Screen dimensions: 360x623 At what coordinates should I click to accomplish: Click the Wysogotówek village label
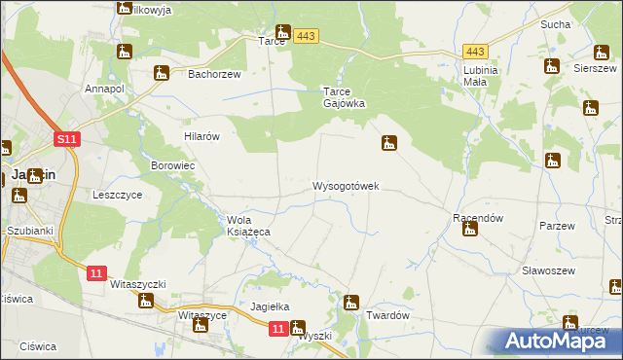click(346, 185)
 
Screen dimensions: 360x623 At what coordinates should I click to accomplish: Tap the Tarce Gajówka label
click(344, 97)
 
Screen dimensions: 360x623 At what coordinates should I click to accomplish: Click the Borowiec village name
click(173, 165)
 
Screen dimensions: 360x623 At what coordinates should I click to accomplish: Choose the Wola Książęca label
click(247, 226)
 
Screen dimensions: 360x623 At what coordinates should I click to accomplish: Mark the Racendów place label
click(477, 218)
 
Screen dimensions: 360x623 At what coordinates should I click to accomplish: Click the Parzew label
click(558, 225)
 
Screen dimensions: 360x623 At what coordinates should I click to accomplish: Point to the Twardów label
click(386, 316)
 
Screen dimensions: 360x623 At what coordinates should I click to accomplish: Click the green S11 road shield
click(66, 140)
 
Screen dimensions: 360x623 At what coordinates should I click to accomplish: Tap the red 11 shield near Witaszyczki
click(94, 274)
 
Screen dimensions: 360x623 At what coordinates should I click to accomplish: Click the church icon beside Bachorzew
click(162, 72)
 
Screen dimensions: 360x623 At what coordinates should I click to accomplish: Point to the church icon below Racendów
click(470, 230)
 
